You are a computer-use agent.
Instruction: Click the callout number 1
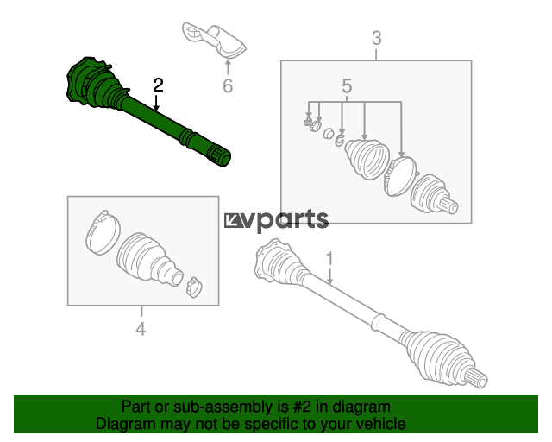329,258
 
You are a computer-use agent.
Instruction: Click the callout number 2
158,85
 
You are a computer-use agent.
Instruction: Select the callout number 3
376,38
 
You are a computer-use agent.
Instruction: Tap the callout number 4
141,328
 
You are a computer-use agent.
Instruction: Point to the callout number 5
347,85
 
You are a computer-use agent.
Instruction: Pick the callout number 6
228,85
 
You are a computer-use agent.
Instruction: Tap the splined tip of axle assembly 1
479,377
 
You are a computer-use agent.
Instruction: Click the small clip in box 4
194,286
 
